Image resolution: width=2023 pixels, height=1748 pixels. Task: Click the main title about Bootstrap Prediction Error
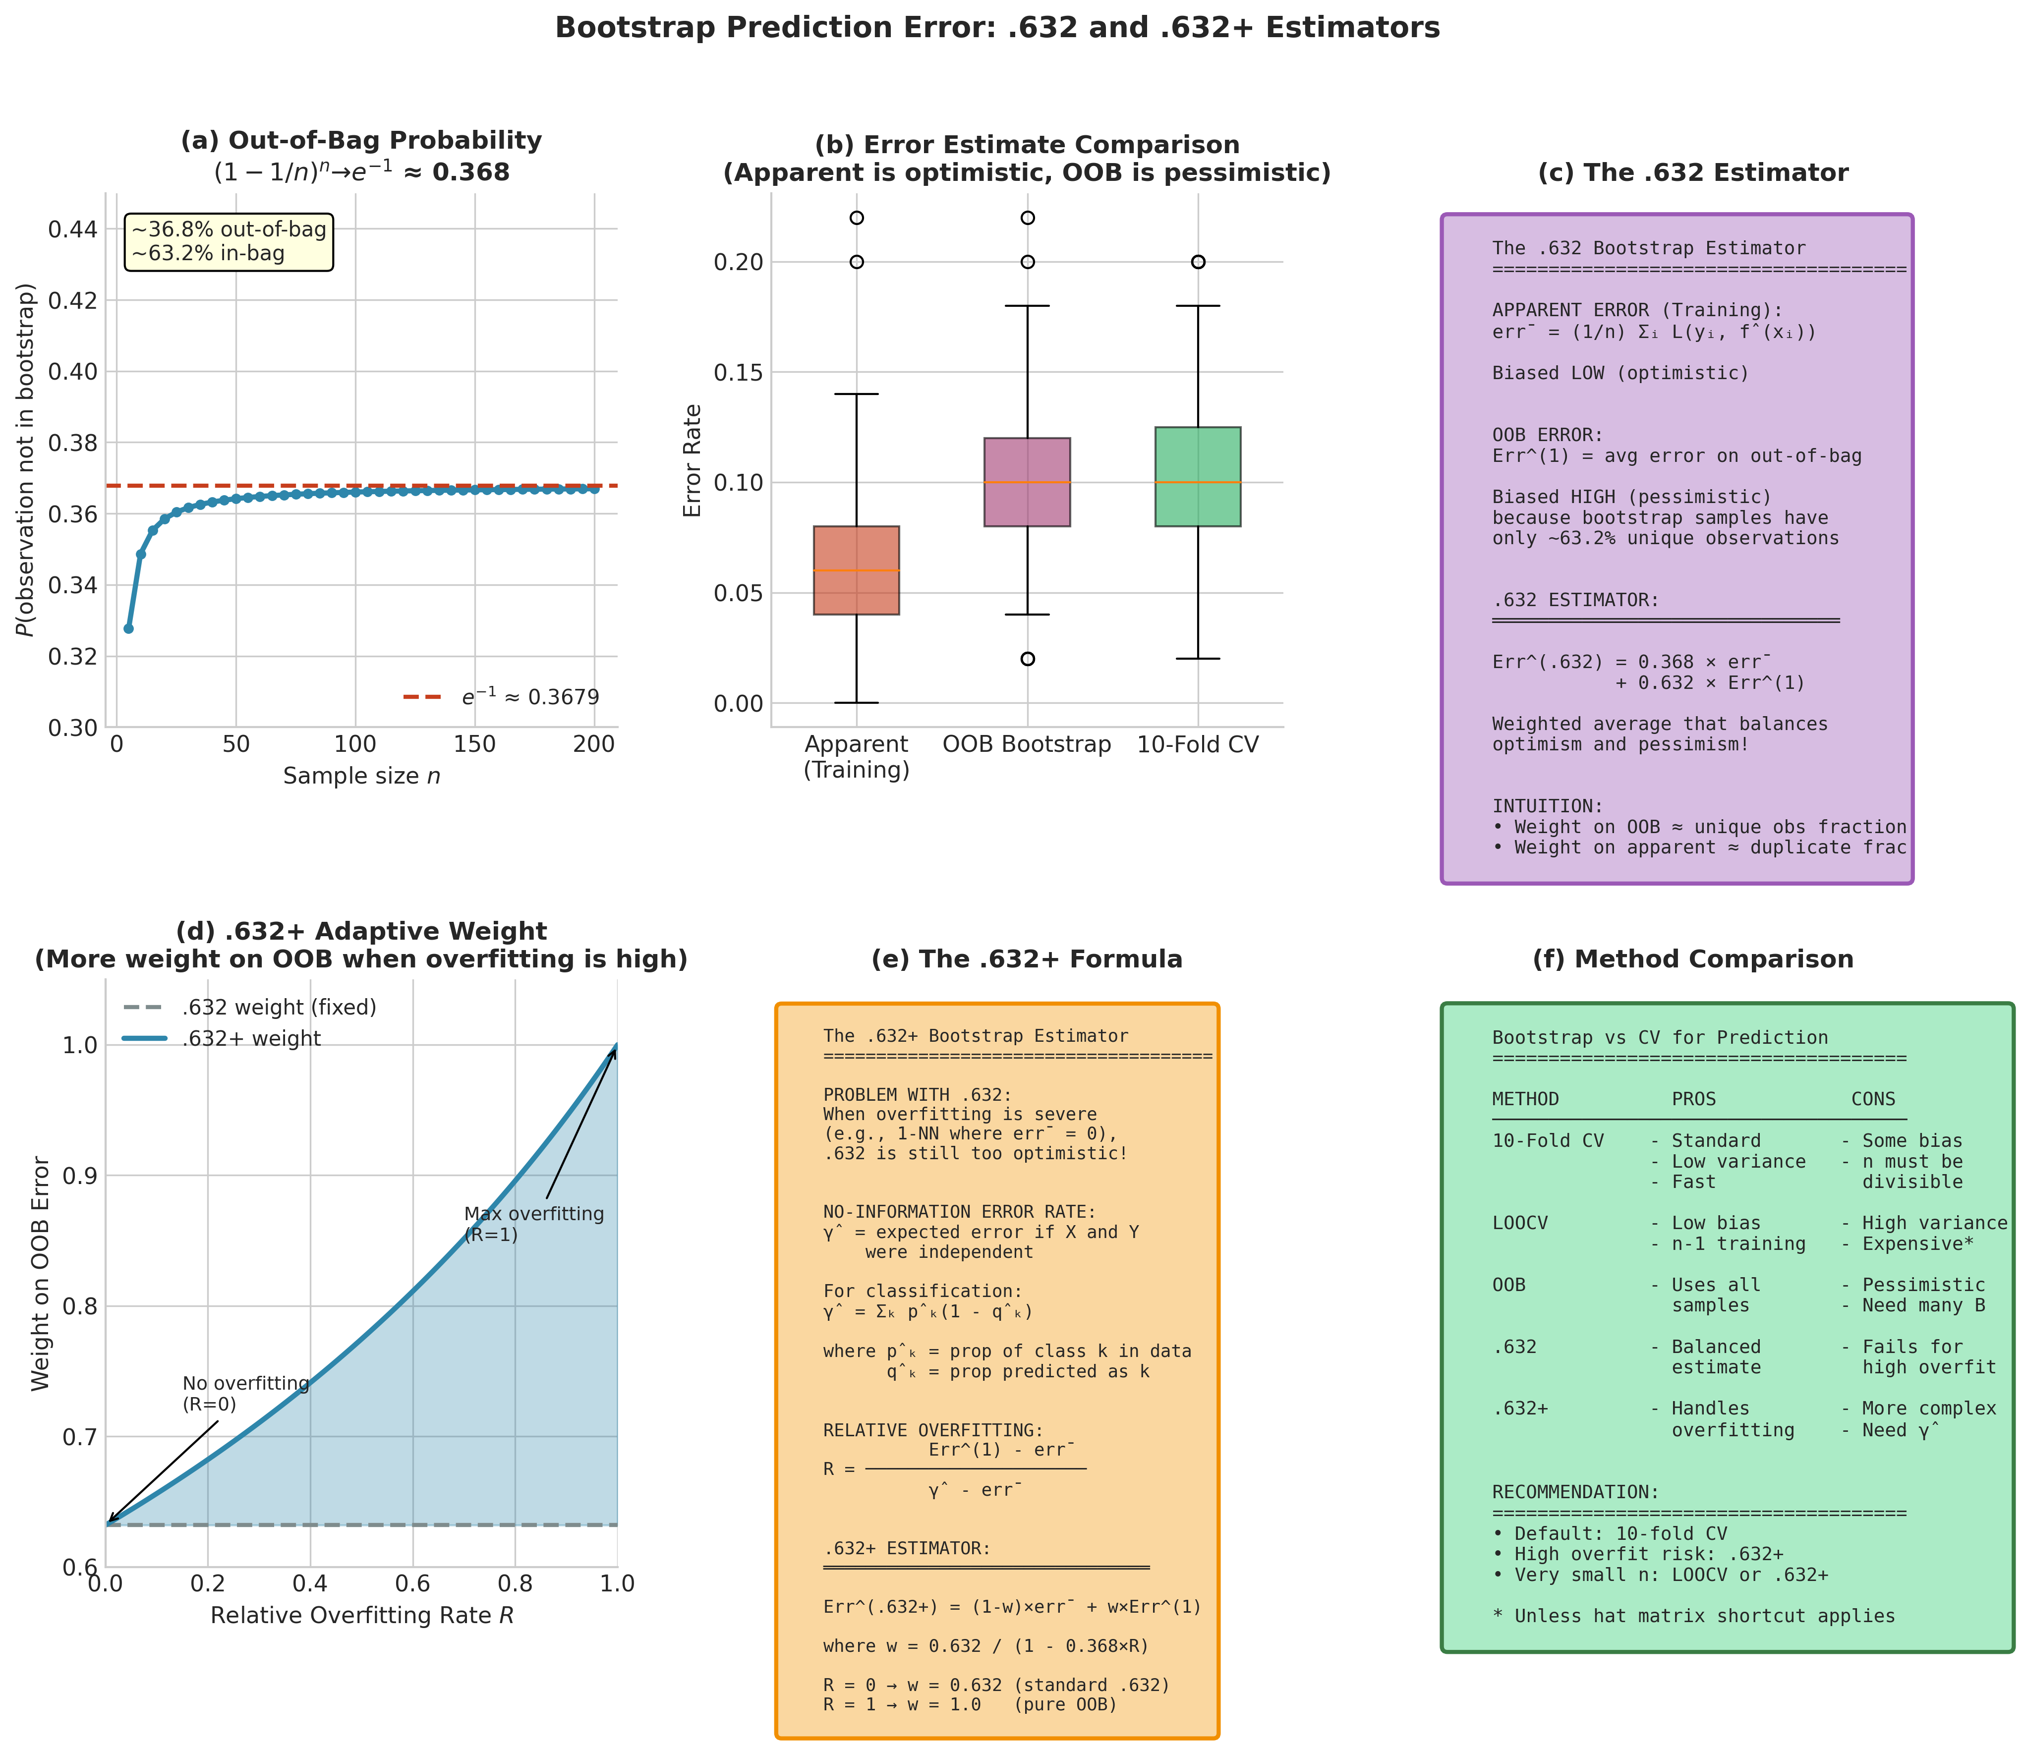(997, 27)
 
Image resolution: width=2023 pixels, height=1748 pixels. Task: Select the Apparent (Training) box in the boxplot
(856, 570)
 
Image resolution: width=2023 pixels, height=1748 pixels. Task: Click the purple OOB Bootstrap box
(1027, 482)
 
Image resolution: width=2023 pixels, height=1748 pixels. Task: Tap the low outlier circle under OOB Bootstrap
(1027, 659)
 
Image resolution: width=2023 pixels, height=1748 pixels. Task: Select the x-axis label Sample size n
(361, 776)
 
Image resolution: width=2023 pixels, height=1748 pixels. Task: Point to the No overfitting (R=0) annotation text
(245, 1394)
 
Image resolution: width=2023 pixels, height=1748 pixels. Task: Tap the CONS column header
(1873, 1099)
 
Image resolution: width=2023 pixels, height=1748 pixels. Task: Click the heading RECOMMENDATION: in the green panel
(1575, 1492)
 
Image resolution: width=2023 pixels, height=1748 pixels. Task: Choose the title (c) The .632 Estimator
(1692, 173)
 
